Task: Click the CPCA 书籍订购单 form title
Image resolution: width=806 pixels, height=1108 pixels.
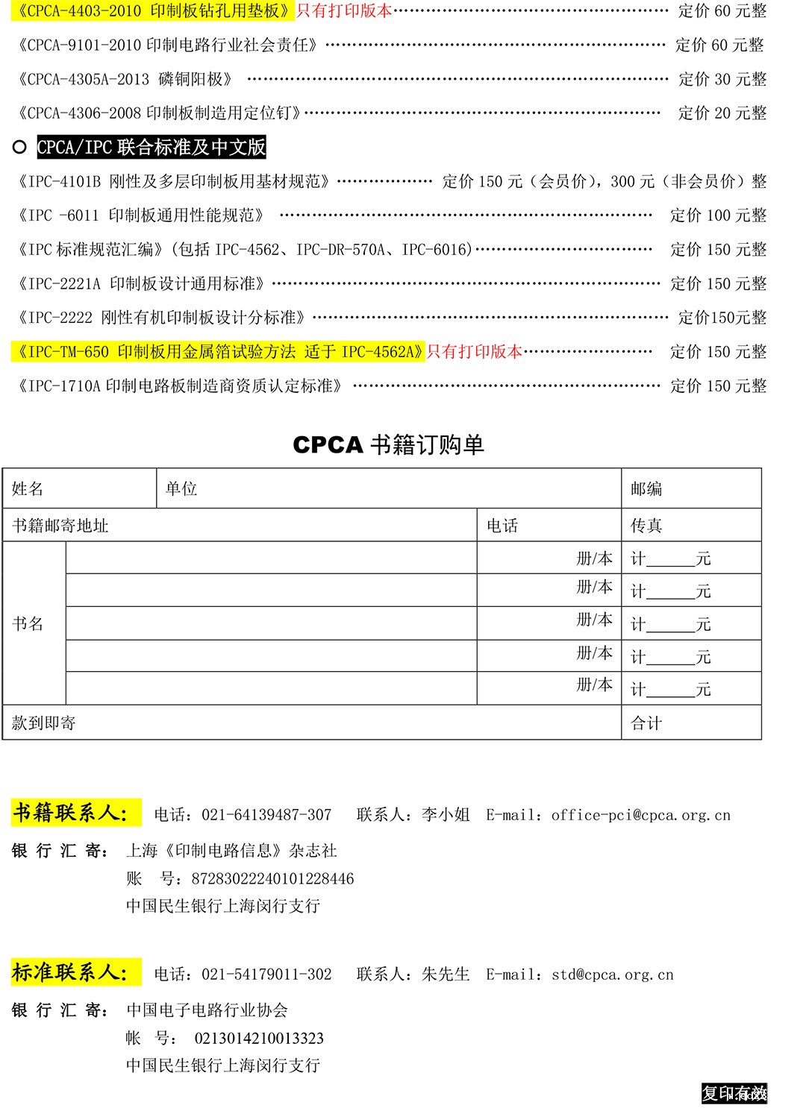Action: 388,445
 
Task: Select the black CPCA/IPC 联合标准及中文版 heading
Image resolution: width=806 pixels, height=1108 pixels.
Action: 151,148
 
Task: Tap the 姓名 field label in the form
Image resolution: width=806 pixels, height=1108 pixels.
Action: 28,489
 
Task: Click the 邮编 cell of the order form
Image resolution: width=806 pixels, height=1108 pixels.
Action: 646,489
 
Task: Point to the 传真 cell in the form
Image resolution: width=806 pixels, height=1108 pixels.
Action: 646,526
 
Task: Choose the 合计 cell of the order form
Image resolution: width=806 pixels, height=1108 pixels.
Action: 646,723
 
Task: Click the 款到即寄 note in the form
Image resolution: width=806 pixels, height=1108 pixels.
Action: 44,723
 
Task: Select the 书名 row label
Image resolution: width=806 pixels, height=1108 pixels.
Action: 28,623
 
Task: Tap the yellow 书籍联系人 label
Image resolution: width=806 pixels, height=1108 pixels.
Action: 76,813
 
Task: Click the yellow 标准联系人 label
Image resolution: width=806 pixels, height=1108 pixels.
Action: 76,972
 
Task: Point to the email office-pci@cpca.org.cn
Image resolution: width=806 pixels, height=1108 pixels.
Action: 640,816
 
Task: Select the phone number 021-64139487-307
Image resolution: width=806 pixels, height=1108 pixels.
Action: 266,816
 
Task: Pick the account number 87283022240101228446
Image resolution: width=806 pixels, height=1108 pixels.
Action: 272,879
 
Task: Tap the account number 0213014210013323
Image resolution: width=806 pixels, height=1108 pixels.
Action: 259,1039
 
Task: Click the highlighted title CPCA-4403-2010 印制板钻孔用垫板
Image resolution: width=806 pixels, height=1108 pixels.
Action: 152,11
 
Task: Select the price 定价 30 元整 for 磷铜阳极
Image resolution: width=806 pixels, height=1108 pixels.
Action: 722,80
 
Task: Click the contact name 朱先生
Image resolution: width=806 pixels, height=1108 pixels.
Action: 446,975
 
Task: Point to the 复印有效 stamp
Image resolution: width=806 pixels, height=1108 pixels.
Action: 734,1094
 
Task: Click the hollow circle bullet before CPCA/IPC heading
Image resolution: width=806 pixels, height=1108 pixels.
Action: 20,148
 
